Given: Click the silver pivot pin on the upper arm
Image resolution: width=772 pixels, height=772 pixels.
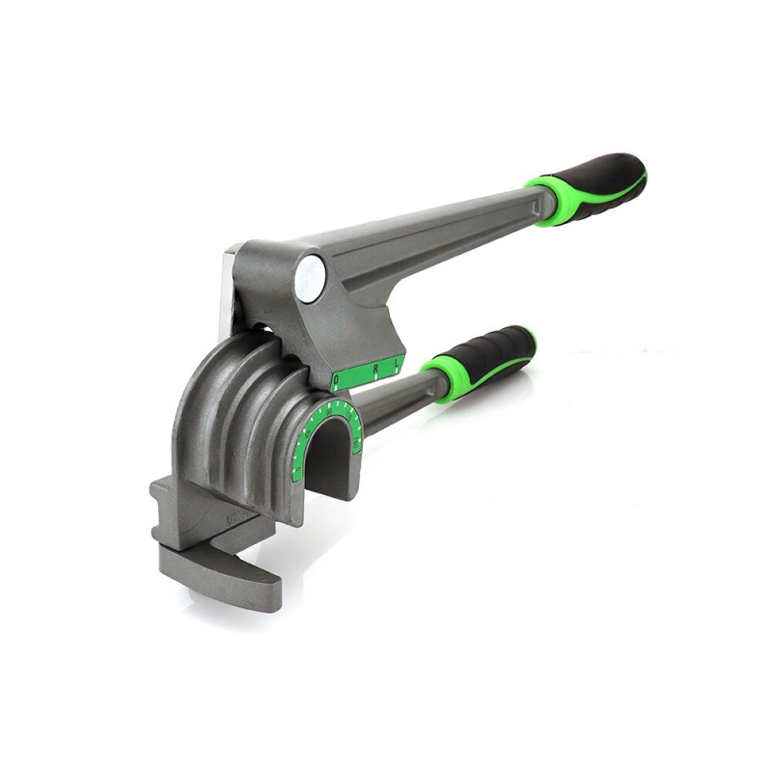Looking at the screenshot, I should click(x=309, y=277).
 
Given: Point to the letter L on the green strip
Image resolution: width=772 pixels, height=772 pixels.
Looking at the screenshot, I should click(x=396, y=364).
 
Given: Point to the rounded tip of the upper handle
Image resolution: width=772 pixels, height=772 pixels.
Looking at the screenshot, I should click(x=639, y=174).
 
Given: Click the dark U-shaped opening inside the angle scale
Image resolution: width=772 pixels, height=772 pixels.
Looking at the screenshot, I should click(x=328, y=458).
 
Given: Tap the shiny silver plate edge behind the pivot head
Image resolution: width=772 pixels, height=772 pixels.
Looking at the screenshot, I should click(x=229, y=289).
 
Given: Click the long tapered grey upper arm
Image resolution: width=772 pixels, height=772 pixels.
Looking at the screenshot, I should click(x=434, y=236).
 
